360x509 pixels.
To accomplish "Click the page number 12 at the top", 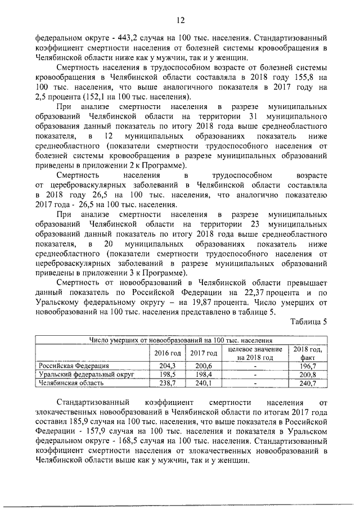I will tap(181, 20).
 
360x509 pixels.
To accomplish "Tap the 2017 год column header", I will tap(204, 353).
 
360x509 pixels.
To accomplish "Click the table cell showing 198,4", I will tap(204, 374).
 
